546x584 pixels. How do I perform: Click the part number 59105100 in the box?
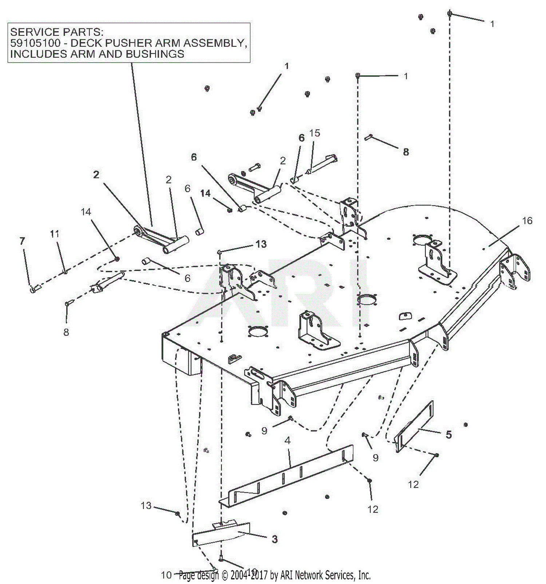click(35, 43)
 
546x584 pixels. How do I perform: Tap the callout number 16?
click(527, 221)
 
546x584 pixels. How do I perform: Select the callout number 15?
click(314, 133)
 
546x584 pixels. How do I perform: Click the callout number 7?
click(23, 241)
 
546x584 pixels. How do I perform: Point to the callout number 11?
click(55, 234)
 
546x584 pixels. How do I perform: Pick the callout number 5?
click(448, 434)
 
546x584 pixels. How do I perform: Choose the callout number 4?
click(288, 441)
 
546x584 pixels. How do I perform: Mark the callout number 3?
click(274, 539)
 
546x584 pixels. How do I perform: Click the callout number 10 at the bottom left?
click(166, 575)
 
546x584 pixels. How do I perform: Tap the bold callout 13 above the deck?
click(261, 244)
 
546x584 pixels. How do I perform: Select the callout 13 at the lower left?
click(146, 505)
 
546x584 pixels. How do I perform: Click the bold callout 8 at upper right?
click(406, 152)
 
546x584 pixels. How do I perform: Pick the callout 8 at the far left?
click(66, 332)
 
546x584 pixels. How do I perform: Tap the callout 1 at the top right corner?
click(492, 24)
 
